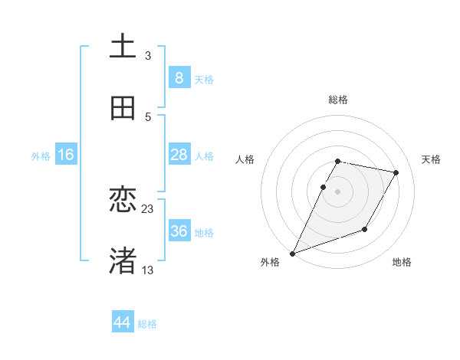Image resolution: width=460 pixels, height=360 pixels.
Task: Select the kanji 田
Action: pyautogui.click(x=123, y=108)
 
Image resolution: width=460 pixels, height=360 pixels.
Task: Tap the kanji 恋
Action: pyautogui.click(x=123, y=200)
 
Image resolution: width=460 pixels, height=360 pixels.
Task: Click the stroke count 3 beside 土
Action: pyautogui.click(x=148, y=55)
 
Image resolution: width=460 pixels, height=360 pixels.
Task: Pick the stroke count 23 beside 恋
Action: pyautogui.click(x=148, y=208)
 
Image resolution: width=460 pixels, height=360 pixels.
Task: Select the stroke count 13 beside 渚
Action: pyautogui.click(x=148, y=270)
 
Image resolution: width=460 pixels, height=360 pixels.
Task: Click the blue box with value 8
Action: pyautogui.click(x=179, y=78)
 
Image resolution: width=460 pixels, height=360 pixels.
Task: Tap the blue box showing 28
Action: pyautogui.click(x=179, y=155)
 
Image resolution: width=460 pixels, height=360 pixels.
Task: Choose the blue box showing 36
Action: pyautogui.click(x=179, y=231)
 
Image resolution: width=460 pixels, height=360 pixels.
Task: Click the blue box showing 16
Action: pyautogui.click(x=66, y=155)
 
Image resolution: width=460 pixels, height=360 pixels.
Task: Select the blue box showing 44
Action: pyautogui.click(x=123, y=322)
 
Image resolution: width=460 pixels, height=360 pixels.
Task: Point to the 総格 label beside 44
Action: pyautogui.click(x=147, y=324)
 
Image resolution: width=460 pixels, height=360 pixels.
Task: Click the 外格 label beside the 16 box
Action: pyautogui.click(x=41, y=156)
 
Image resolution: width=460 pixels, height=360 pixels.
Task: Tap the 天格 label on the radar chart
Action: pyautogui.click(x=432, y=159)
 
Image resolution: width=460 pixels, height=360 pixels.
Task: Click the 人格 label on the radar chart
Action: pyautogui.click(x=245, y=159)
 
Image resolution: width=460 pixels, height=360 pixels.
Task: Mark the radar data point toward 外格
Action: pyautogui.click(x=293, y=254)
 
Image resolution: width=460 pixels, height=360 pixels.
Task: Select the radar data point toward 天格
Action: pyautogui.click(x=396, y=172)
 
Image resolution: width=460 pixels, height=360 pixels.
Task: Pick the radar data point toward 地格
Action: pyautogui.click(x=365, y=229)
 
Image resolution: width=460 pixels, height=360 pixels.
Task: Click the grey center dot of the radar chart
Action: pyautogui.click(x=337, y=191)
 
